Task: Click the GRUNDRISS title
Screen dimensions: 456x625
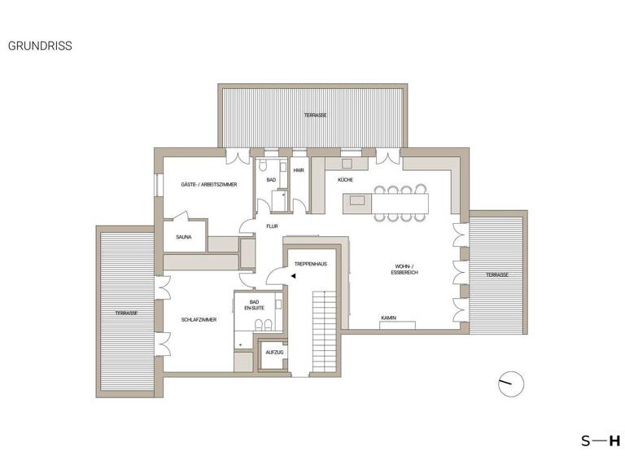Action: click(40, 46)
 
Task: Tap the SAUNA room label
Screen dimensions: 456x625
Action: click(183, 238)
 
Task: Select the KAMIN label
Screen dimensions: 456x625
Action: click(388, 318)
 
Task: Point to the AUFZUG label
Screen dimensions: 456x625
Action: click(273, 351)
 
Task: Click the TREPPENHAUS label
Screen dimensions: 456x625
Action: click(310, 265)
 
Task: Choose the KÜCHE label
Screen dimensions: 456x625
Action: click(346, 180)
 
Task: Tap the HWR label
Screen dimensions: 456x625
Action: click(299, 170)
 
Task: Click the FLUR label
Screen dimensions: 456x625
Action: click(272, 226)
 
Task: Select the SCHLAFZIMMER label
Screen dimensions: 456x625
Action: click(199, 320)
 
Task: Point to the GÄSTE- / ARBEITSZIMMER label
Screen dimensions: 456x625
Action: click(209, 186)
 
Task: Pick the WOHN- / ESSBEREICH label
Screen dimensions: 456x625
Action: click(404, 270)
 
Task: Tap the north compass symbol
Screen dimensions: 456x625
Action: click(512, 383)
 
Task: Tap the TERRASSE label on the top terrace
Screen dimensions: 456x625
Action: click(316, 116)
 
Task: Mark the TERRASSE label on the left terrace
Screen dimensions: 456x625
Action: click(125, 313)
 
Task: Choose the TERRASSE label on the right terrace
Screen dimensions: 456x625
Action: click(496, 275)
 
